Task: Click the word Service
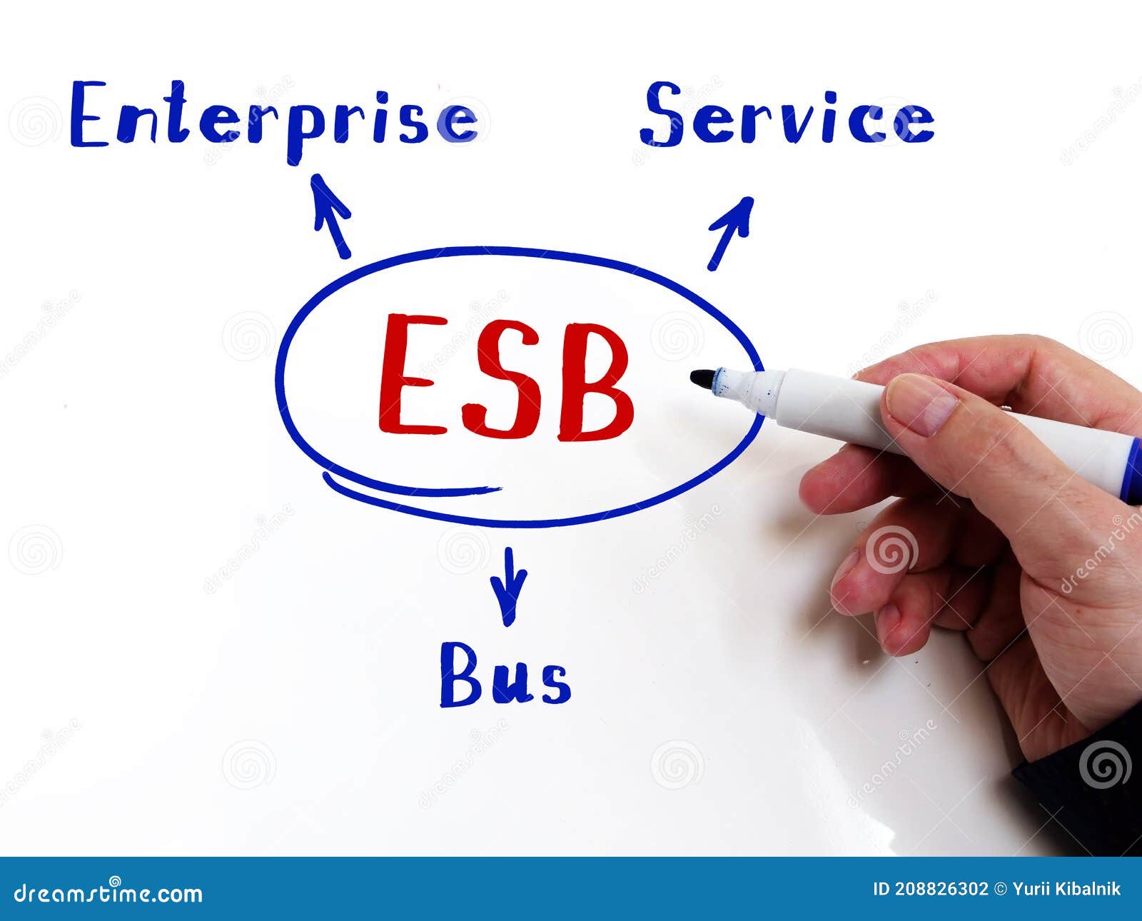tap(789, 116)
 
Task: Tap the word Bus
tap(505, 675)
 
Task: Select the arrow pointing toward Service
tap(731, 233)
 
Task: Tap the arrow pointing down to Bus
tap(508, 585)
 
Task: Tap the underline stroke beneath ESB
tap(410, 487)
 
